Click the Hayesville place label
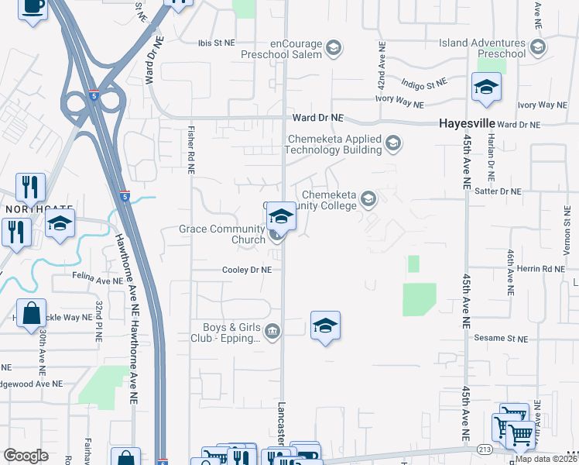466,123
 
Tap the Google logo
26,456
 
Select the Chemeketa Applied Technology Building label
334,144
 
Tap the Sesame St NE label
501,339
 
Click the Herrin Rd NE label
545,269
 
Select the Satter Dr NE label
499,191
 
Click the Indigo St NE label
424,82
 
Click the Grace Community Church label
222,233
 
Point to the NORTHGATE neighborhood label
33,210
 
